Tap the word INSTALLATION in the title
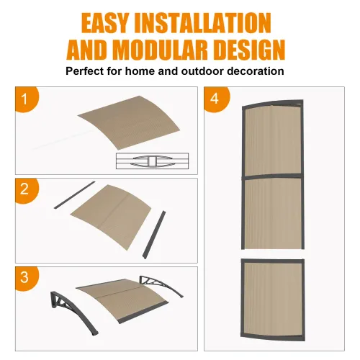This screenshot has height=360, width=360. [x=215, y=22]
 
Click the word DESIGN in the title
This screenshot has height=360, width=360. [x=248, y=50]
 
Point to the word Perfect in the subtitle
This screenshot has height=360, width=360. [x=87, y=71]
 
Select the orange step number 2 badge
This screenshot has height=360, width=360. [x=25, y=190]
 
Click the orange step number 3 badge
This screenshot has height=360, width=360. [x=25, y=277]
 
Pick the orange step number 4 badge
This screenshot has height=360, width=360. [x=214, y=99]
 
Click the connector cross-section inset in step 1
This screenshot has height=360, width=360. [x=154, y=161]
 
